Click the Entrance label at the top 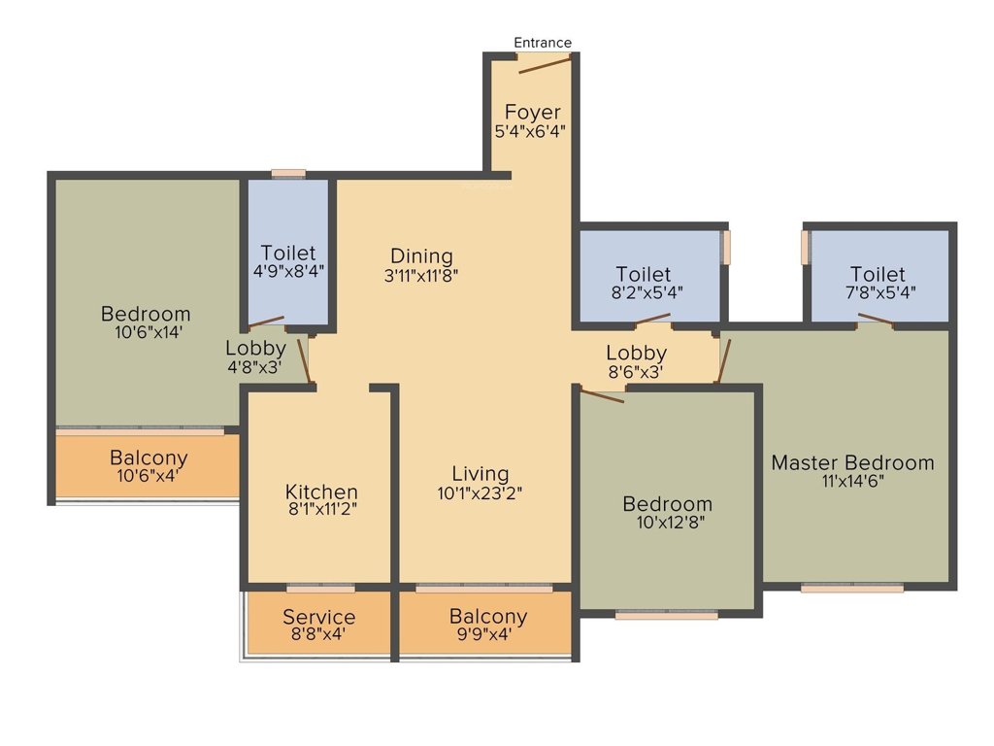click(x=543, y=42)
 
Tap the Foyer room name click(x=532, y=113)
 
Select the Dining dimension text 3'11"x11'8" click(x=420, y=275)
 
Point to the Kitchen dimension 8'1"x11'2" click(x=321, y=510)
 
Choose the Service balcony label click(x=319, y=617)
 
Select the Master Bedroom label click(x=852, y=462)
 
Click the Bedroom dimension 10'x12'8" click(x=667, y=523)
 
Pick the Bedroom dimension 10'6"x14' click(x=146, y=332)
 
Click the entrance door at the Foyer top click(x=544, y=64)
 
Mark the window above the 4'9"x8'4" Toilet click(x=288, y=174)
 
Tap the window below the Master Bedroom click(x=851, y=588)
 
